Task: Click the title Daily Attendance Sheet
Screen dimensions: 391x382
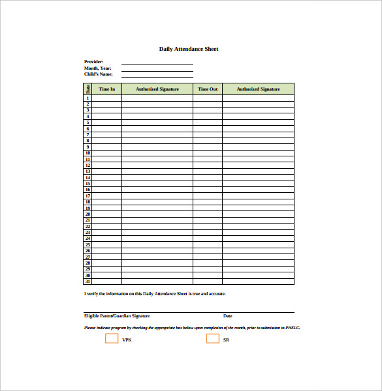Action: [189, 49]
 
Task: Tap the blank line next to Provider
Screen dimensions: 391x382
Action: [157, 63]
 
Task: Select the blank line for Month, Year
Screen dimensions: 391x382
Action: [157, 68]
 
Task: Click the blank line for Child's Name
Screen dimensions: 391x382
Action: [157, 75]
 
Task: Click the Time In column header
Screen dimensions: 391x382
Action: [106, 89]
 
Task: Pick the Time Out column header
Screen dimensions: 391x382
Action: [208, 89]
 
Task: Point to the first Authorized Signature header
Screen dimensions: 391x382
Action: [157, 89]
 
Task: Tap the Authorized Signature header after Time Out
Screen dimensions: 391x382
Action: [258, 89]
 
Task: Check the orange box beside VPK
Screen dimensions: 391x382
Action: [112, 339]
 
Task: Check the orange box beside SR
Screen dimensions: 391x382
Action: [213, 339]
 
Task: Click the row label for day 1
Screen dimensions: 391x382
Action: [88, 98]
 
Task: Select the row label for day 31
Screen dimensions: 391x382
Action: [88, 282]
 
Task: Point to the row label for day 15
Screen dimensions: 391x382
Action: [88, 184]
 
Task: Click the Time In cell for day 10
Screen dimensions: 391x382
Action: [106, 153]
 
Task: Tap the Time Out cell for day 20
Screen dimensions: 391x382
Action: [208, 214]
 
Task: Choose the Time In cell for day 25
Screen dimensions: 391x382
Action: [106, 245]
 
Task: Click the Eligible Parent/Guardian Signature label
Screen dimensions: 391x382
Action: [117, 316]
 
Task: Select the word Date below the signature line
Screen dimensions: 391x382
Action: [228, 316]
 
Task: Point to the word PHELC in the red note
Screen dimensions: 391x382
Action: [293, 328]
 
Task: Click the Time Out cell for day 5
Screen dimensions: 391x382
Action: [208, 123]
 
